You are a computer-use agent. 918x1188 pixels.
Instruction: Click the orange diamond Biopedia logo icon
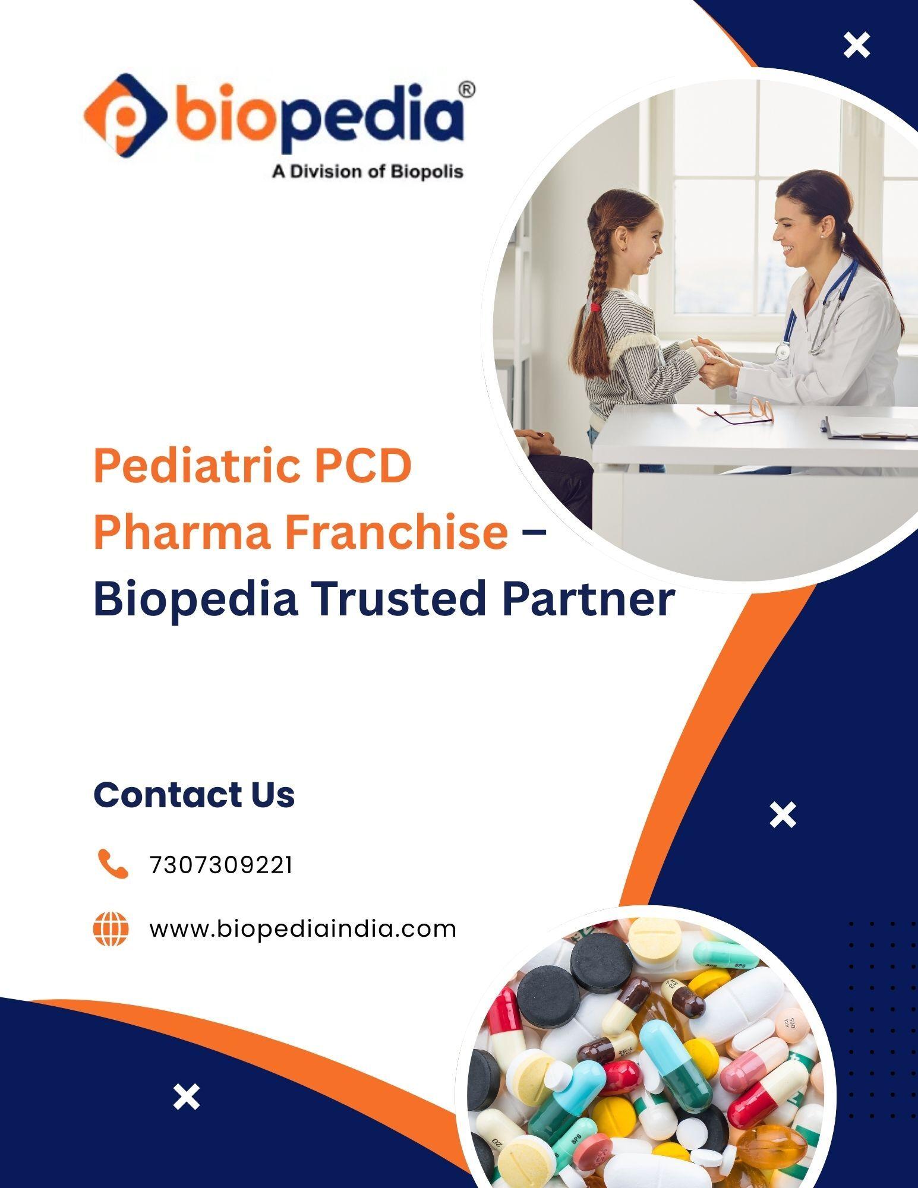pyautogui.click(x=125, y=116)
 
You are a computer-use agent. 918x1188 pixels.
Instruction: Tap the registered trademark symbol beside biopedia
pyautogui.click(x=468, y=89)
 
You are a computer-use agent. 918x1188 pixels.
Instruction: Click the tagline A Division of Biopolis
pyautogui.click(x=367, y=172)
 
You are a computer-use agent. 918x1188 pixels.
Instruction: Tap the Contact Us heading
pyautogui.click(x=194, y=794)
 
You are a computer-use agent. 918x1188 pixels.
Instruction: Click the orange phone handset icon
pyautogui.click(x=112, y=864)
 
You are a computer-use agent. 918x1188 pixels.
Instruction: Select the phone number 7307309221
pyautogui.click(x=221, y=865)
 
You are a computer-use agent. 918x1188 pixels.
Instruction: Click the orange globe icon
pyautogui.click(x=111, y=929)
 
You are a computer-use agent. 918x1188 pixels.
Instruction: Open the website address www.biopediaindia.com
pyautogui.click(x=303, y=929)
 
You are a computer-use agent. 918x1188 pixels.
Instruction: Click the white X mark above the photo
pyautogui.click(x=857, y=45)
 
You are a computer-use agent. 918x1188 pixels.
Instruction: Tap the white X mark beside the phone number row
pyautogui.click(x=783, y=814)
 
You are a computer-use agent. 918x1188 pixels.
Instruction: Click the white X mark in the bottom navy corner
pyautogui.click(x=187, y=1097)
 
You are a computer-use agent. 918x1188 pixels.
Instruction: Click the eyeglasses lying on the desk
pyautogui.click(x=737, y=411)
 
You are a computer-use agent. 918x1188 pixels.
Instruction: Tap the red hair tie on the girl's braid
pyautogui.click(x=595, y=307)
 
